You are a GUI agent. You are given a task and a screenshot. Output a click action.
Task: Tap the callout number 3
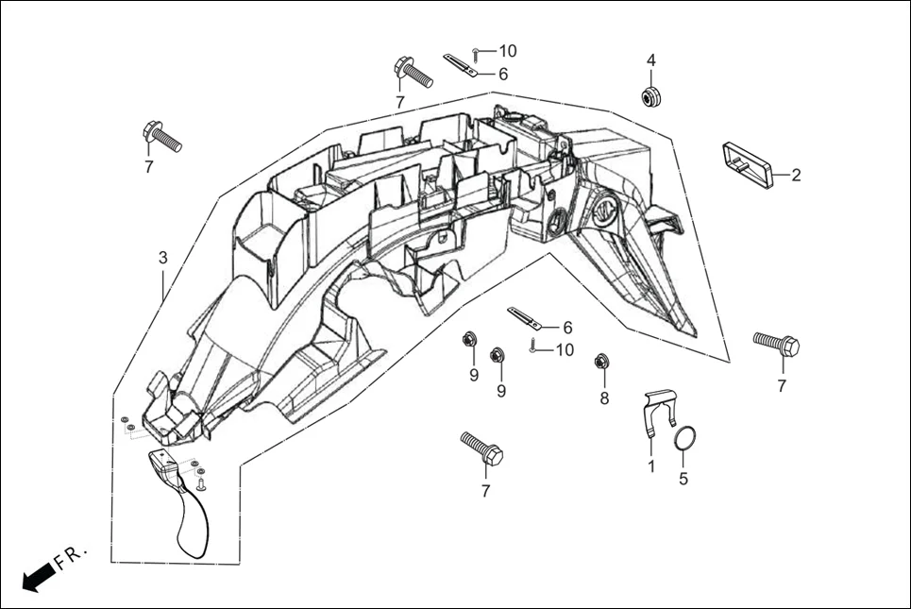[162, 257]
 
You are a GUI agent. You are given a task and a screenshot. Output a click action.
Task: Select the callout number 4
[650, 60]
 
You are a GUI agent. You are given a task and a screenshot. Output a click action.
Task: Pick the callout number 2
[796, 175]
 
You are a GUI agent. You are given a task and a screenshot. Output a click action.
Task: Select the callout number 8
[604, 398]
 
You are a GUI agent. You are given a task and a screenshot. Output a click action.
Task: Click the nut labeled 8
[599, 361]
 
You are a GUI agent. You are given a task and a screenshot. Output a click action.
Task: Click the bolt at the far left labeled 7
[161, 136]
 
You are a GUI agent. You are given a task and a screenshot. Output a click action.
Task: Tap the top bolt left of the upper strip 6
[411, 71]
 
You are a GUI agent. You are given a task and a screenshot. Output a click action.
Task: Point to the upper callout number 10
[509, 50]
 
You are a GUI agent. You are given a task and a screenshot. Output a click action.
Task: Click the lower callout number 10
[565, 350]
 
